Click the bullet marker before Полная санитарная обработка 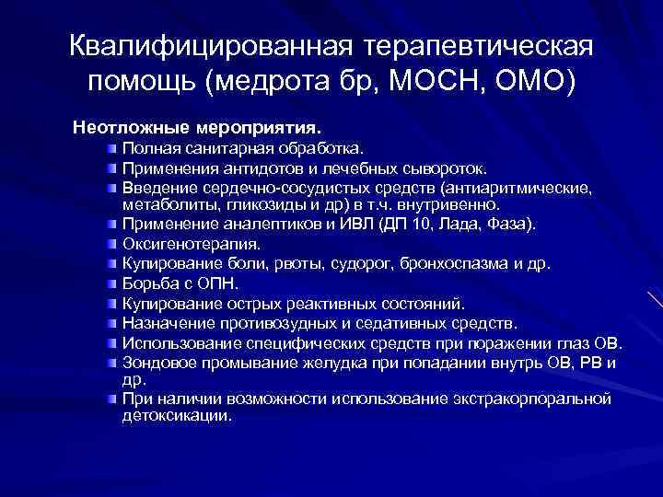click(x=111, y=147)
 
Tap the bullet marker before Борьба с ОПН click(x=111, y=283)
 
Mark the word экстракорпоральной click(x=533, y=399)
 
